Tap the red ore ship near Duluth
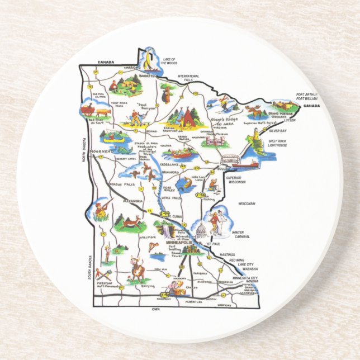click(x=250, y=164)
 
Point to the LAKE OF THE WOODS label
click(x=169, y=61)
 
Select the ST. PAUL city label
click(x=212, y=244)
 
